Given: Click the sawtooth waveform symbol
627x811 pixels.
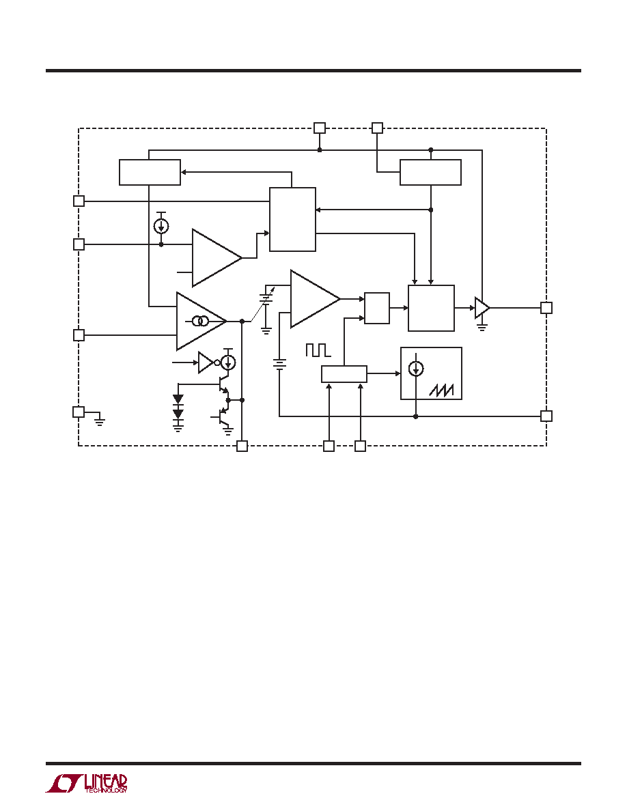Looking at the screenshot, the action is (x=441, y=390).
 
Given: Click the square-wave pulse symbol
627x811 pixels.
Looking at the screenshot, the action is (x=318, y=350).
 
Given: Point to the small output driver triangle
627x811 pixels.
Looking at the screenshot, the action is (x=482, y=308).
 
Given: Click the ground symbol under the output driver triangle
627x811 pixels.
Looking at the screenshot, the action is (x=482, y=326).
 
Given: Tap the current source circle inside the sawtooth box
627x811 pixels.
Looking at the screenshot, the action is (x=416, y=368).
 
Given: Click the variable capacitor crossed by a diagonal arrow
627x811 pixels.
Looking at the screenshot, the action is (x=266, y=298).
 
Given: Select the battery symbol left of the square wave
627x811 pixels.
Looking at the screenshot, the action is (x=279, y=365).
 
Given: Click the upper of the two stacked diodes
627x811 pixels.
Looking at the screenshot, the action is (x=178, y=399).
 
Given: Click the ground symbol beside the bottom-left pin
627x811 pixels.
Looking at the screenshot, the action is (x=100, y=419).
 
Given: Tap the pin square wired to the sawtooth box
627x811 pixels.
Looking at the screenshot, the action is (x=546, y=416).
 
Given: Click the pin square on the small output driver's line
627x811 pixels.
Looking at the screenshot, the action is (x=546, y=308).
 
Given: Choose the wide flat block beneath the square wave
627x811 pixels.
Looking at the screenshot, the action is (x=344, y=374).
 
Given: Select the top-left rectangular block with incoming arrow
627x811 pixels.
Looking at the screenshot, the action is (x=150, y=172).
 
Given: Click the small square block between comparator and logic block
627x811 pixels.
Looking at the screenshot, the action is (x=377, y=309).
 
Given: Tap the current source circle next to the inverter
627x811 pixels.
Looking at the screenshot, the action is (x=228, y=362).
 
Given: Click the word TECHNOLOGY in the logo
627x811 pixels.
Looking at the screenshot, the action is (x=106, y=790).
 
